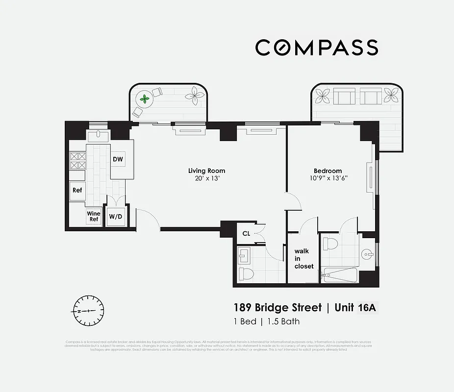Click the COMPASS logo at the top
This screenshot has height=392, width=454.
[x=316, y=48]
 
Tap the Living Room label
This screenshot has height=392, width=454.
[x=206, y=171]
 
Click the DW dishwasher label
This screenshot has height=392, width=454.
[x=118, y=159]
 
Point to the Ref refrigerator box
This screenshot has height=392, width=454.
[x=77, y=190]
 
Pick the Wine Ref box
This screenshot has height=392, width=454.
[x=94, y=216]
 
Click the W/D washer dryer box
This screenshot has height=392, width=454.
[x=116, y=216]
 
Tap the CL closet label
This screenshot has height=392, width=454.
[x=246, y=234]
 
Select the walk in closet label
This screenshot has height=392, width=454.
[x=303, y=259]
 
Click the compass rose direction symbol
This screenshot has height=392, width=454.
[x=88, y=311]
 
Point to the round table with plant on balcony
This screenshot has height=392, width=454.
[x=145, y=99]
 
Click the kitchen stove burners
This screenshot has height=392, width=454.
[x=78, y=161]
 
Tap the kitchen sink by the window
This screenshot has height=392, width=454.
[x=99, y=135]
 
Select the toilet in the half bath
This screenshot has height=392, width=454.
[x=246, y=273]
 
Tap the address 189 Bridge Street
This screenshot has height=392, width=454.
[x=277, y=308]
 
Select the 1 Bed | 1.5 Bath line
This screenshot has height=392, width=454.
[x=266, y=322]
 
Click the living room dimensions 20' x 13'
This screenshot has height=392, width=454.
[x=206, y=178]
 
